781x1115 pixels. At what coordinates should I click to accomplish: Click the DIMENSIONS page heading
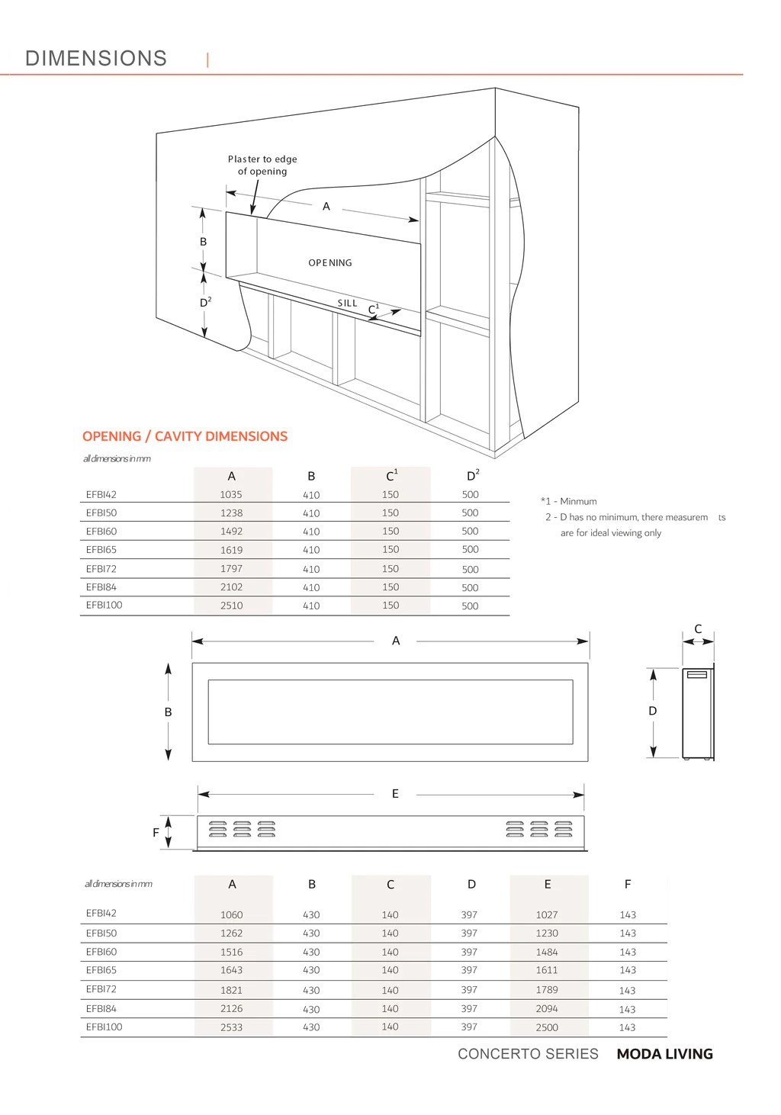96,59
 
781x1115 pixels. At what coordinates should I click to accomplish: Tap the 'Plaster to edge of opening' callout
262,165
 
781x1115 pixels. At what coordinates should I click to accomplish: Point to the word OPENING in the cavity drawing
330,263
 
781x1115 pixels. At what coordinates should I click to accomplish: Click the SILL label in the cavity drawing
348,304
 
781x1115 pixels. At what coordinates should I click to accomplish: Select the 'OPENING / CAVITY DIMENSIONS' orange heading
185,436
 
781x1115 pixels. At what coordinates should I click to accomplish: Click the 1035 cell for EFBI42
231,495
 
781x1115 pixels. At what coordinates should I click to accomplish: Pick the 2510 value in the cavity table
231,606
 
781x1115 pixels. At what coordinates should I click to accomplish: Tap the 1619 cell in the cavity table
231,550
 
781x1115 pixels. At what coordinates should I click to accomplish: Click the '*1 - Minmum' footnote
569,502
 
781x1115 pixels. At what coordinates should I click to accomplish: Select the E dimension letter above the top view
395,794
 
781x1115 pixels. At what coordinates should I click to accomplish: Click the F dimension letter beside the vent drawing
156,833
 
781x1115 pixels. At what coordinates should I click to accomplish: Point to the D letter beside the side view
652,711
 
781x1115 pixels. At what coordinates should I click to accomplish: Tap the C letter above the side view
698,629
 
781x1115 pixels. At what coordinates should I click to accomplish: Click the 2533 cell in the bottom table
231,1027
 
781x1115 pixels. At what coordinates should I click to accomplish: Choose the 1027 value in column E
547,914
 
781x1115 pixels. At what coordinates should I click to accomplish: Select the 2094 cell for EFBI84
547,1008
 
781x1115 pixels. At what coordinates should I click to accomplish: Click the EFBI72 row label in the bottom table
101,989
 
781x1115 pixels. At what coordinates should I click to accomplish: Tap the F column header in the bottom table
628,885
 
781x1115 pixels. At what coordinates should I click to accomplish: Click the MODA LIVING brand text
664,1054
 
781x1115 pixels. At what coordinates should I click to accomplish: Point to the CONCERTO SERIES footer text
528,1054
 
